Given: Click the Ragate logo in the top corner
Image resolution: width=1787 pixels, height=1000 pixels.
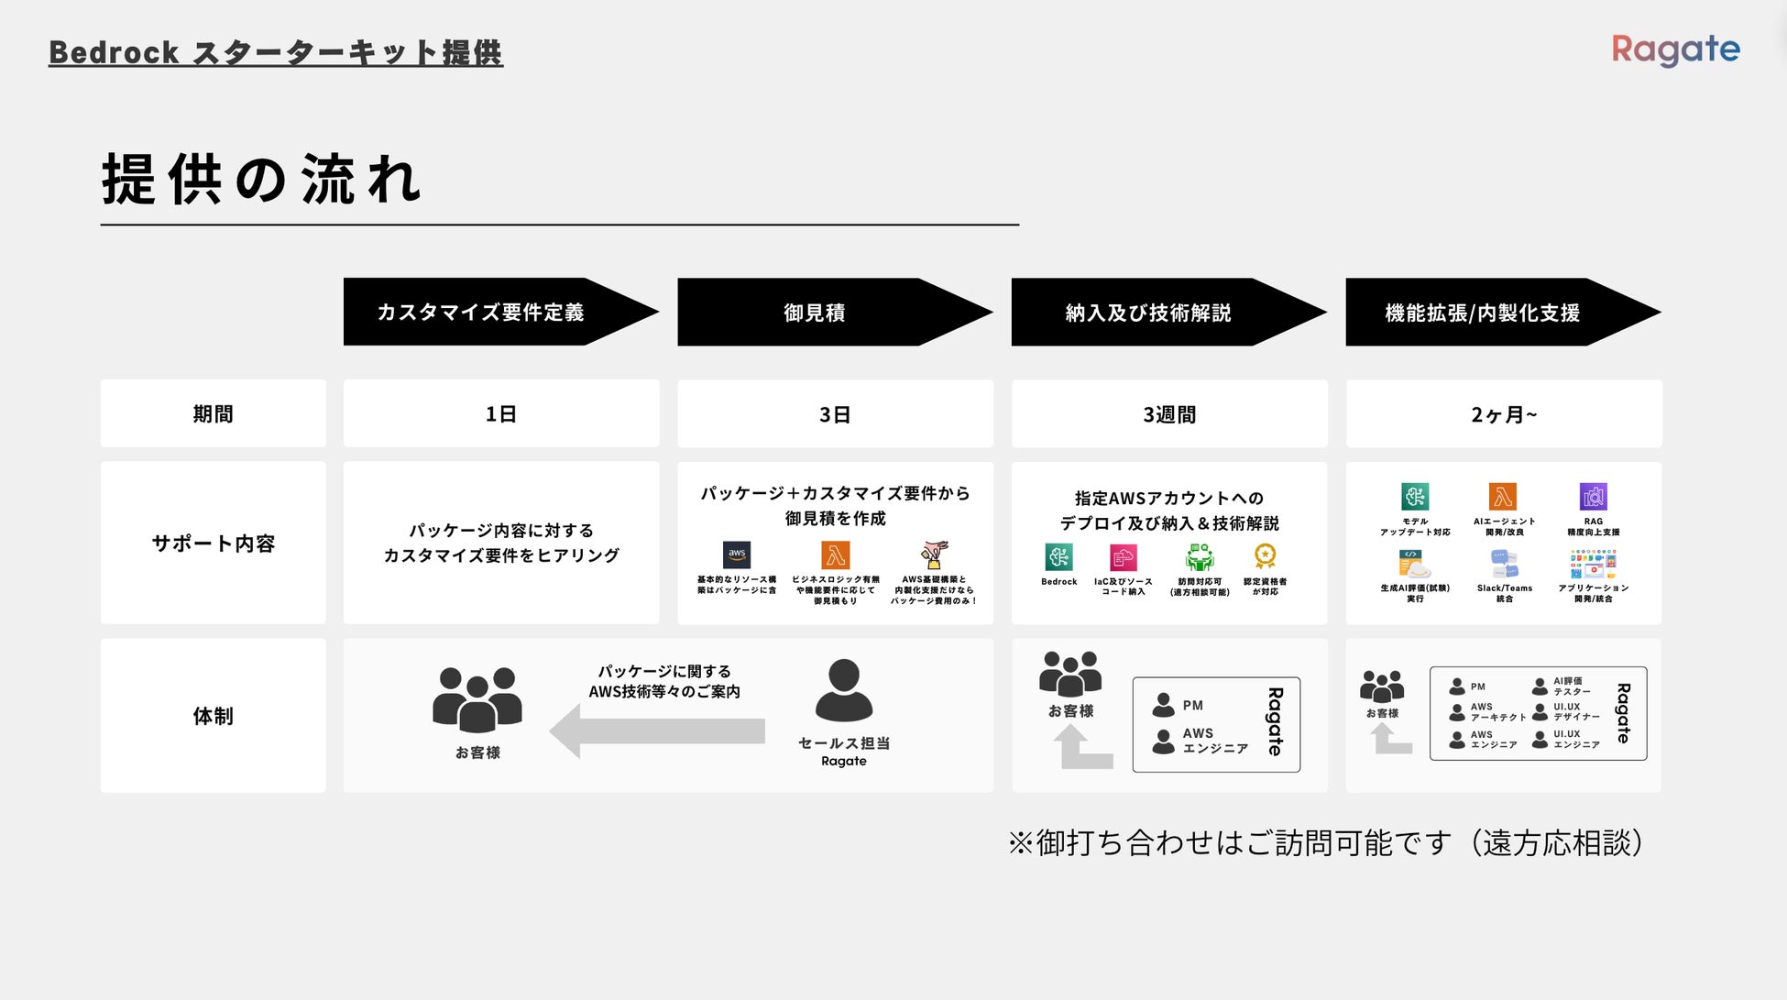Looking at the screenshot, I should [1675, 49].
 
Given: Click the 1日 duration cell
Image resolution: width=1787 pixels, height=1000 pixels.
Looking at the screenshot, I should [501, 414].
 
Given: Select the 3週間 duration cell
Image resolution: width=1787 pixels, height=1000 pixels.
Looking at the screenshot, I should [1169, 414].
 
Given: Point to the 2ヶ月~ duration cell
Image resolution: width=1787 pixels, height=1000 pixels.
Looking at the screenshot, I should [1503, 414].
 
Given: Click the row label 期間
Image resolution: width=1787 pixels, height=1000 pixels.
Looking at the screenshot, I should [213, 414].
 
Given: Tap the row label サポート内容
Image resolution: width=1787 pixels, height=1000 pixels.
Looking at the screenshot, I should [213, 544].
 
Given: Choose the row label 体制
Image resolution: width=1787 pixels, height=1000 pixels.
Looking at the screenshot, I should [213, 716].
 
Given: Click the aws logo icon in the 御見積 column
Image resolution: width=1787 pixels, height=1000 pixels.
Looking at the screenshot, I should [737, 555].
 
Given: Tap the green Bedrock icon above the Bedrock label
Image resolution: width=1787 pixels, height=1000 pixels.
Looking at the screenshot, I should [1058, 557].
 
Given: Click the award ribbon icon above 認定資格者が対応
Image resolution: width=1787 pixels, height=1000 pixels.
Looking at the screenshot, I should [1265, 556].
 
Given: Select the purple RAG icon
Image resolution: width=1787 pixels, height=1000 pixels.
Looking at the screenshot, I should [1593, 497].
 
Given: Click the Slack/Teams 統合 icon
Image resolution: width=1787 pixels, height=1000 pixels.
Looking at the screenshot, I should [1504, 564].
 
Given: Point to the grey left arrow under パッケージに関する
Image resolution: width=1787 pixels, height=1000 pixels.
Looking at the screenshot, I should [657, 731].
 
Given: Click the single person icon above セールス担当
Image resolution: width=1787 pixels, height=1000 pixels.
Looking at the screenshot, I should [843, 690].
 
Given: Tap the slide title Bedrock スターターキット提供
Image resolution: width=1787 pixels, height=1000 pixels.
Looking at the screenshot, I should [276, 53].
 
